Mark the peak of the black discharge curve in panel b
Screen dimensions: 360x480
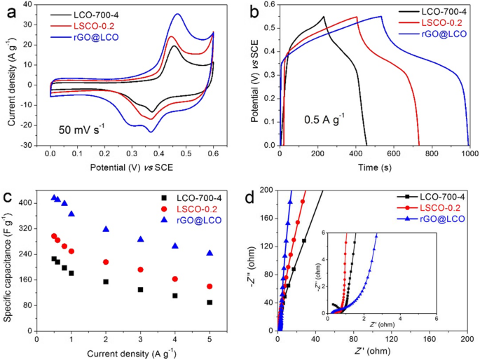tap(324, 17)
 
